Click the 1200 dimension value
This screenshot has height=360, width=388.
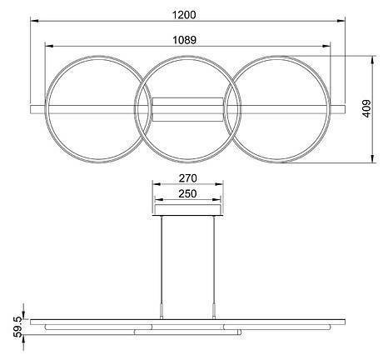click(187, 14)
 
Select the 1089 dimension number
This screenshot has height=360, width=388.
click(187, 38)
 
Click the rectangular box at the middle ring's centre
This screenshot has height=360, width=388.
click(188, 108)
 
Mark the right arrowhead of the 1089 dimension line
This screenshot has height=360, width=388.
click(329, 47)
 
